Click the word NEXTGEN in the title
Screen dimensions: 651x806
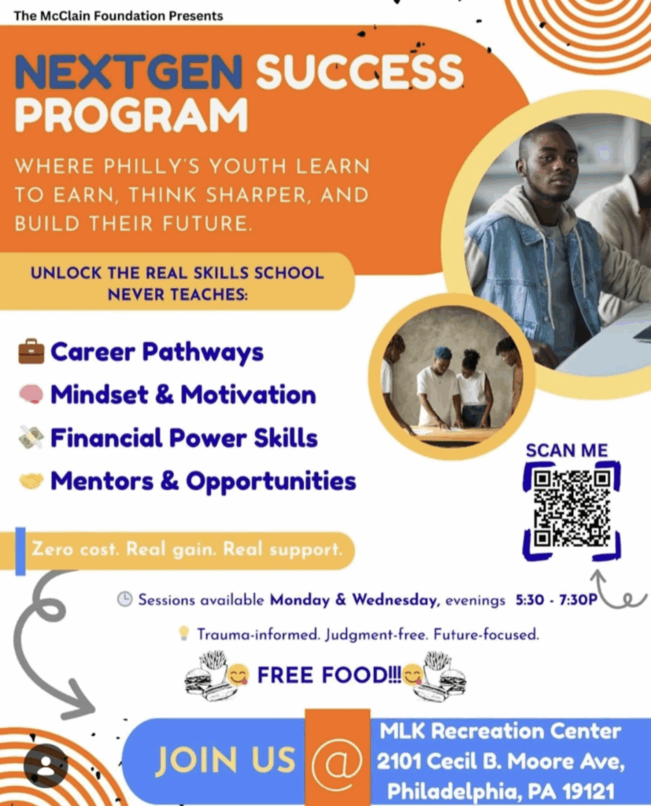pos(128,72)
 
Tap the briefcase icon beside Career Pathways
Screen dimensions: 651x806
pos(31,351)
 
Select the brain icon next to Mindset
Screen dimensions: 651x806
pos(31,394)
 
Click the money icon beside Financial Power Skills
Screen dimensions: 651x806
pos(31,438)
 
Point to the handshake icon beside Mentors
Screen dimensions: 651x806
pos(31,481)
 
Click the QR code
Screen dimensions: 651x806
pos(571,509)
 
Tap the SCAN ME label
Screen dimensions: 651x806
pos(567,451)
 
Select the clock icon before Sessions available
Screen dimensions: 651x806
pos(124,599)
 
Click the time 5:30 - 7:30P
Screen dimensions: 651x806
pos(557,600)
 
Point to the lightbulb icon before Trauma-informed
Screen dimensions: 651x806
pos(183,633)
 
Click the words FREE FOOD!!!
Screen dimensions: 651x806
pos(329,675)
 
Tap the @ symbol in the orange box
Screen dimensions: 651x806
pos(338,760)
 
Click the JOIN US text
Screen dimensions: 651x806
pos(225,760)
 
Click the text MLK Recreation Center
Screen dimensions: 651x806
pos(501,731)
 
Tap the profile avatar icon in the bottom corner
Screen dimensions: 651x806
pos(46,765)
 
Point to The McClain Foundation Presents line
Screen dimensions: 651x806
pos(118,16)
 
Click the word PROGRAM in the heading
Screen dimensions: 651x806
pos(131,115)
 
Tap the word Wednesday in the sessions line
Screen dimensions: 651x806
pos(395,600)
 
